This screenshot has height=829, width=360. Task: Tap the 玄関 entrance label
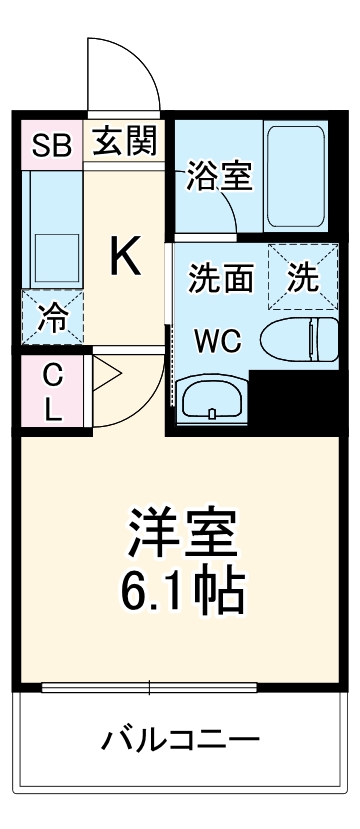click(x=126, y=143)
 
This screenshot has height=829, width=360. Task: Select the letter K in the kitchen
click(x=125, y=257)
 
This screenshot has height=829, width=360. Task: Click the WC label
click(x=218, y=342)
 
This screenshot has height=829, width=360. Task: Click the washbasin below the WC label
click(x=209, y=400)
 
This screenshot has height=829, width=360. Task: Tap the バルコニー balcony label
click(x=181, y=741)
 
